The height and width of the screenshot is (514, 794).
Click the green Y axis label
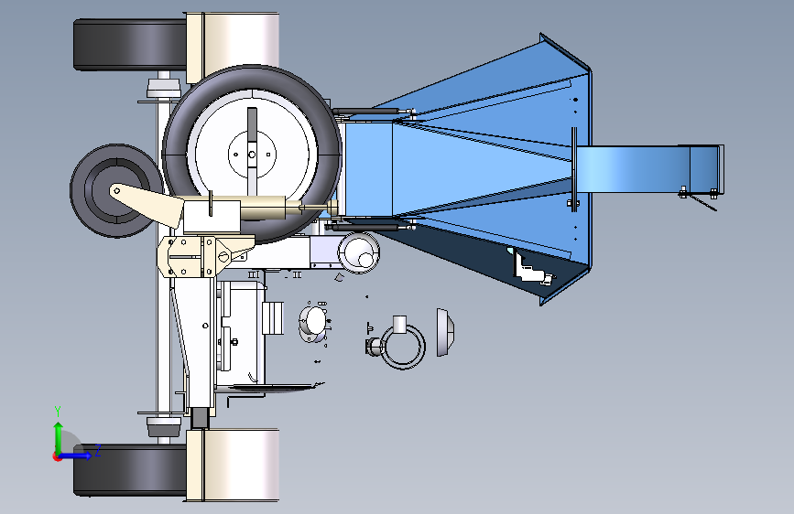[x=58, y=412]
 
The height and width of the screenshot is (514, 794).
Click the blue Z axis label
[x=98, y=450]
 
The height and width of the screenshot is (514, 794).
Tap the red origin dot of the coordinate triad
[x=57, y=456]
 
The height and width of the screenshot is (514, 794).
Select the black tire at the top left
[x=130, y=45]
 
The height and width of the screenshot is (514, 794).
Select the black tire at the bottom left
[x=130, y=470]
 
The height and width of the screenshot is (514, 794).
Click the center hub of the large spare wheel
[x=252, y=155]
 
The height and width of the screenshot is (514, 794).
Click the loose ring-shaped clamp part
[x=403, y=347]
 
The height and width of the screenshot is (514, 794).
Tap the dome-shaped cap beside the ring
[x=445, y=332]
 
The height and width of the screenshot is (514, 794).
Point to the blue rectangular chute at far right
[x=649, y=169]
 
